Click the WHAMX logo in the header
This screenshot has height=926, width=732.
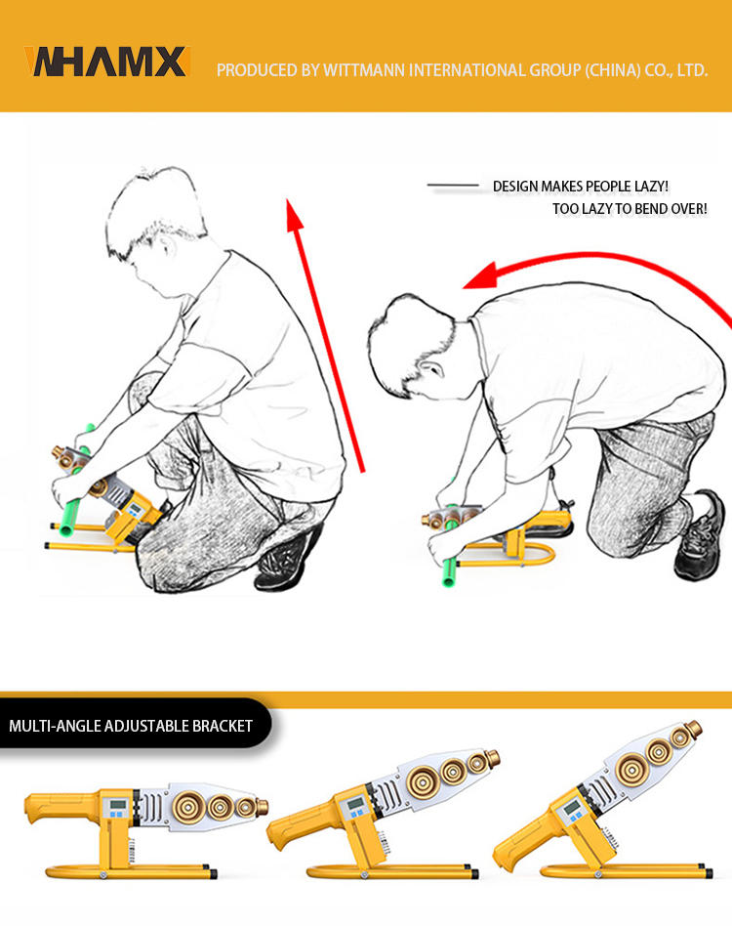click(106, 62)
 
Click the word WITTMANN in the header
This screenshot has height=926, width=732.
click(364, 70)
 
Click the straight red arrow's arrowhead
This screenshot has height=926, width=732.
click(294, 214)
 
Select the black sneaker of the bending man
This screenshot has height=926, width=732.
click(700, 535)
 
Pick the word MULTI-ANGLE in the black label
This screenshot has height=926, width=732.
click(55, 726)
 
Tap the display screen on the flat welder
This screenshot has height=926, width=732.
click(117, 804)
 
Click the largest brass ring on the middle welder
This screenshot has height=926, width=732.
click(422, 781)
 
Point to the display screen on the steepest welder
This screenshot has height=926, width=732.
click(571, 807)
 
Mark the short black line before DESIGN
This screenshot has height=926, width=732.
click(453, 186)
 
